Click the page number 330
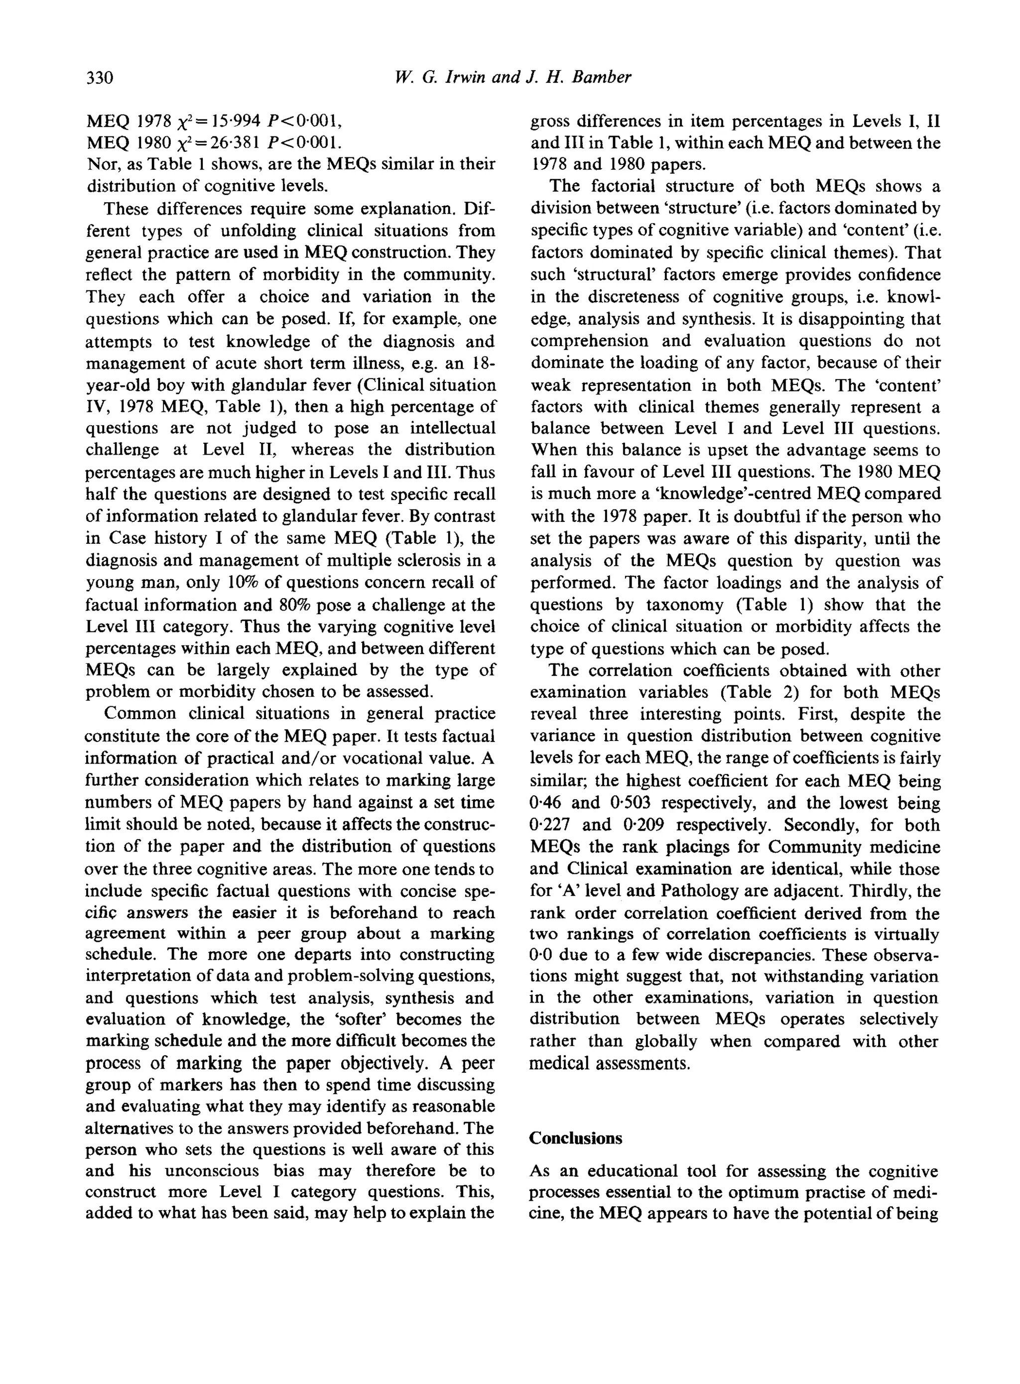(100, 77)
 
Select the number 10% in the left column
(245, 583)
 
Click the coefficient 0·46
(544, 803)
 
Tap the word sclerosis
(443, 560)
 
